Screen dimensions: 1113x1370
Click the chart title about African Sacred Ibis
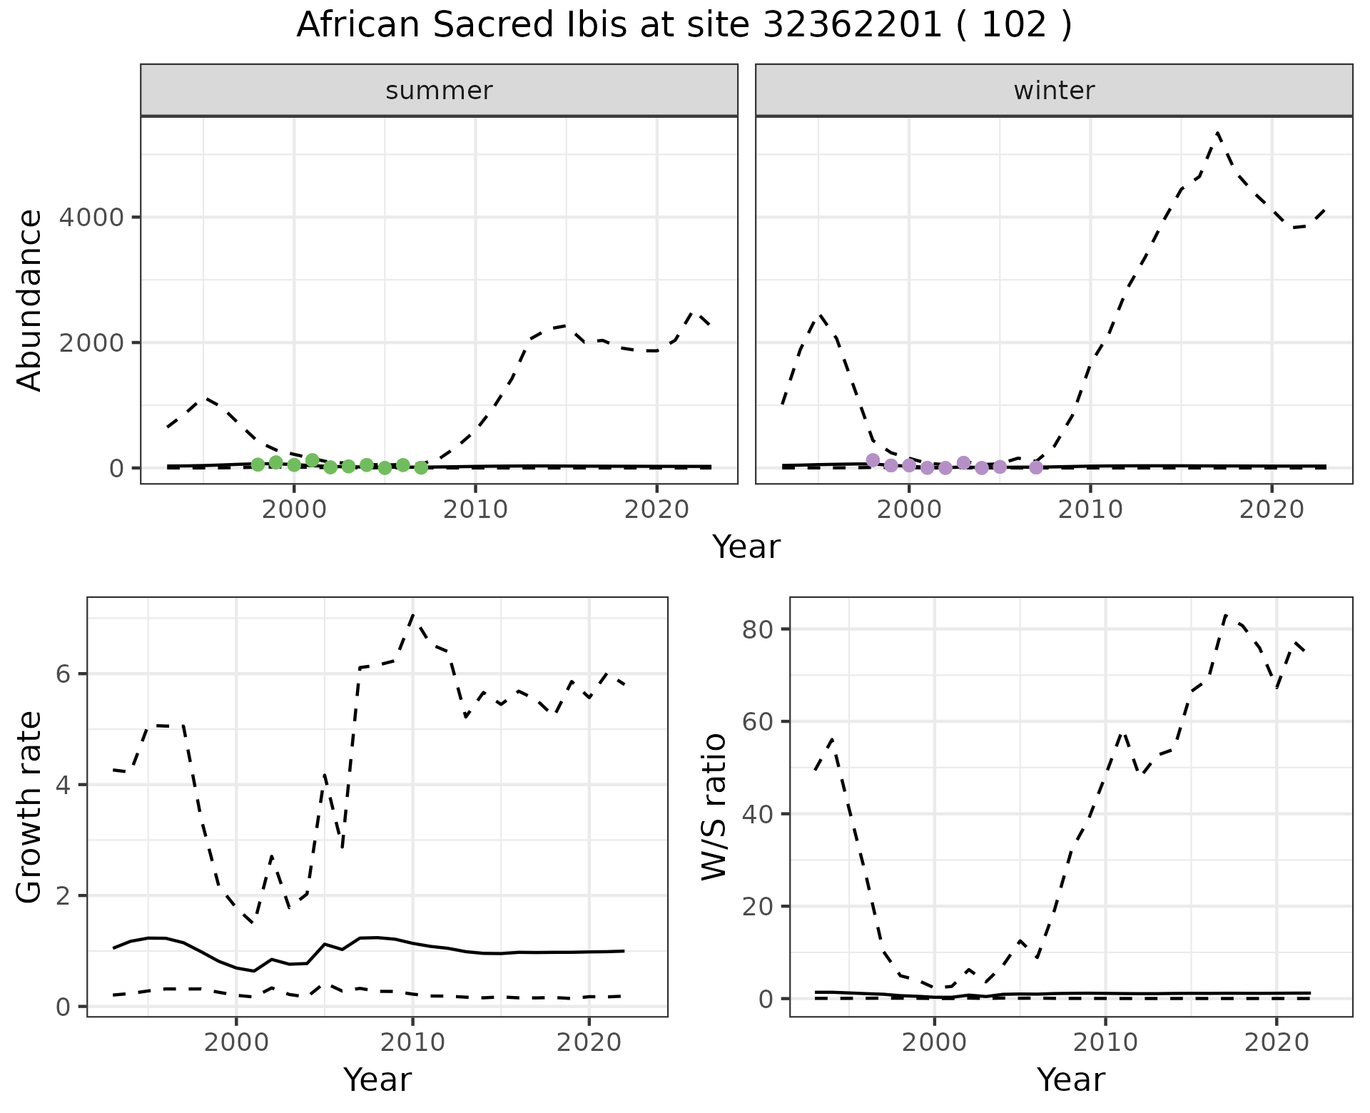point(684,26)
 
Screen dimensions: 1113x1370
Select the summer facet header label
point(439,91)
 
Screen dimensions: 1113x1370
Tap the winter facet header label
point(1054,91)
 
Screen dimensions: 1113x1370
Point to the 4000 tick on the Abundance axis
point(91,217)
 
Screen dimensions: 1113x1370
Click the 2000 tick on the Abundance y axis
point(91,342)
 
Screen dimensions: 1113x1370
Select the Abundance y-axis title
point(29,300)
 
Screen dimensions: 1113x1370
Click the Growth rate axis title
point(29,806)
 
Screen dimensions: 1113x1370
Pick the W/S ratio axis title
point(714,806)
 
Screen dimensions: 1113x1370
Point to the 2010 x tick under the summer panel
point(475,509)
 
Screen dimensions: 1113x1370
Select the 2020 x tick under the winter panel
point(1271,509)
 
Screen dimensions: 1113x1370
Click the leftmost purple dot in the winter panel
point(873,460)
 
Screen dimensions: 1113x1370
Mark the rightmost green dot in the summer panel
point(421,468)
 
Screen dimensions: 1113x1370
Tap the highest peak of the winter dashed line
point(1217,133)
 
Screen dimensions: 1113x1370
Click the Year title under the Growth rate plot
point(377,1079)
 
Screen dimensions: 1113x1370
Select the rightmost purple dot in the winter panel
point(1036,467)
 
